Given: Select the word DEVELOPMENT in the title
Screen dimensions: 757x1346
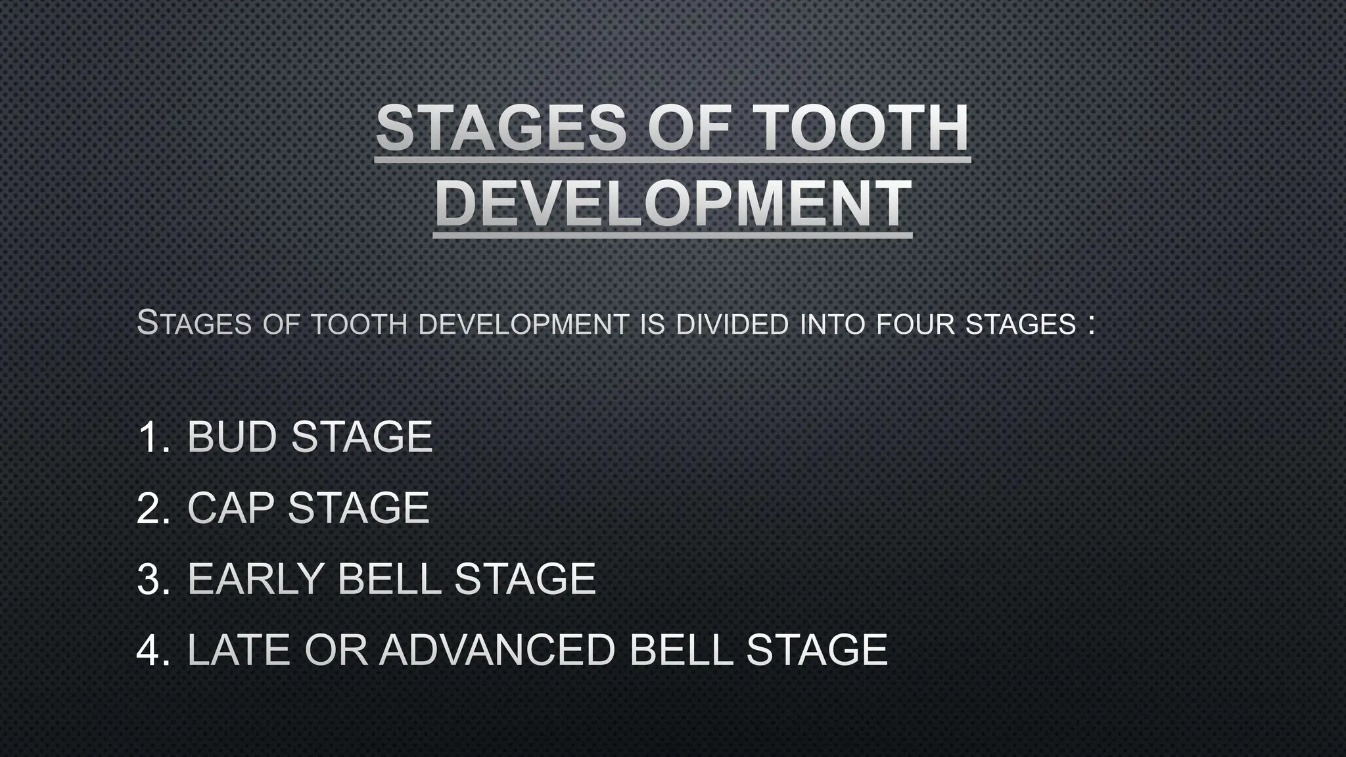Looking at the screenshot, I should (x=673, y=204).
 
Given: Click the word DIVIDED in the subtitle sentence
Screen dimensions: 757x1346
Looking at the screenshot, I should (x=732, y=325).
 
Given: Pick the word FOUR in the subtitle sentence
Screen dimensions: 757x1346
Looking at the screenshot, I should (x=915, y=325).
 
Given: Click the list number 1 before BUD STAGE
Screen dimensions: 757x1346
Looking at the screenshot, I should (x=152, y=437).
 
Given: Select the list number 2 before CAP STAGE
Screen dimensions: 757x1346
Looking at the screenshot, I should (x=152, y=508).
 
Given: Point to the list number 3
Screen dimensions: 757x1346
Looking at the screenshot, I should (x=152, y=579).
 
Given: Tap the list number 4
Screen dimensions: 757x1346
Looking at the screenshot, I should (x=152, y=650).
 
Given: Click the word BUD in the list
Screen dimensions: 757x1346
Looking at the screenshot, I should (x=231, y=437).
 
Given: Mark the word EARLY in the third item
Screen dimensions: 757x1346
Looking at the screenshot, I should (x=255, y=579).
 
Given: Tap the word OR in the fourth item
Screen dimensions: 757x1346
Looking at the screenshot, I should (x=335, y=650).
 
